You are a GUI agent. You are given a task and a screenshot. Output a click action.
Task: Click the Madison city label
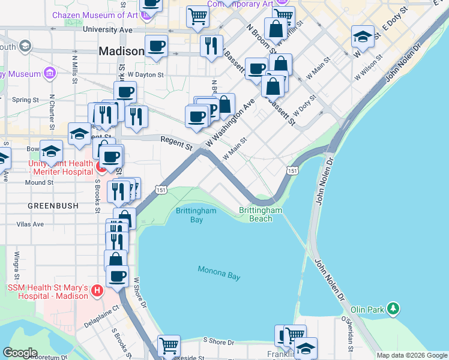pyautogui.click(x=121, y=52)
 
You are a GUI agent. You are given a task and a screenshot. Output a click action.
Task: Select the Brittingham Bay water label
pyautogui.click(x=189, y=215)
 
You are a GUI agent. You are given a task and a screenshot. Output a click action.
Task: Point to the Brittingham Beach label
pyautogui.click(x=261, y=214)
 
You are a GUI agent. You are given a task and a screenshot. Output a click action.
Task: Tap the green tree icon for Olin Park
pyautogui.click(x=393, y=308)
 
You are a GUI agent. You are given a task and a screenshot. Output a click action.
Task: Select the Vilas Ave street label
pyautogui.click(x=30, y=224)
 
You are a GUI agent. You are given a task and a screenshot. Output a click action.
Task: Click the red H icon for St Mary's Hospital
pyautogui.click(x=98, y=292)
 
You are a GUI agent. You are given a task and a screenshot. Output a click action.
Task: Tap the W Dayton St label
pyautogui.click(x=142, y=75)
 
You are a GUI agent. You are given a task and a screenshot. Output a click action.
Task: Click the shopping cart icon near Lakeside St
pyautogui.click(x=169, y=346)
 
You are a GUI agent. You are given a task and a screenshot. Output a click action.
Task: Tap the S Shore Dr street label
pyautogui.click(x=218, y=342)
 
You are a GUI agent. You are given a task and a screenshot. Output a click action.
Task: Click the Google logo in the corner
pyautogui.click(x=20, y=353)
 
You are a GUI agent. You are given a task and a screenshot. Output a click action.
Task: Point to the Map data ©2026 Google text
pyautogui.click(x=412, y=355)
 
